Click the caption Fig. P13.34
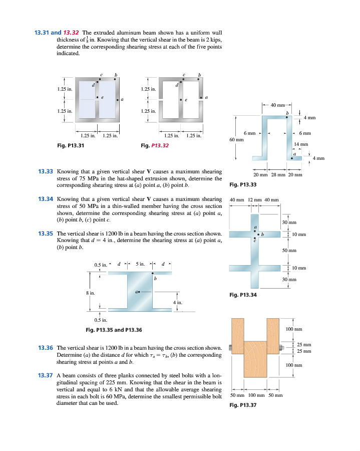(243, 295)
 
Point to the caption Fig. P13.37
(243, 405)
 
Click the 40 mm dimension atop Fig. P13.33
(276, 105)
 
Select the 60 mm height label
(236, 140)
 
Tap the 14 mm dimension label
(300, 144)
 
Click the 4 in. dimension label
(177, 303)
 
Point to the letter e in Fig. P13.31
(103, 97)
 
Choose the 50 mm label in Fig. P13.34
(289, 250)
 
